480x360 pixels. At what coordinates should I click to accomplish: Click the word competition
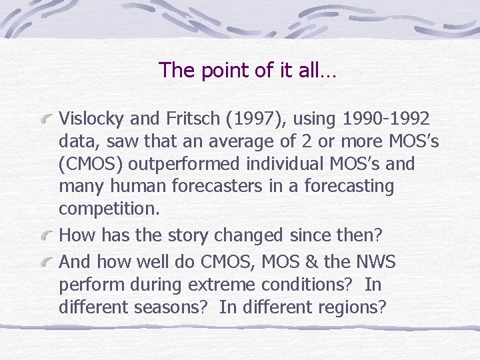pyautogui.click(x=109, y=209)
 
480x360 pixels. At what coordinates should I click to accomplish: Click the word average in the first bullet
pyautogui.click(x=232, y=141)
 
